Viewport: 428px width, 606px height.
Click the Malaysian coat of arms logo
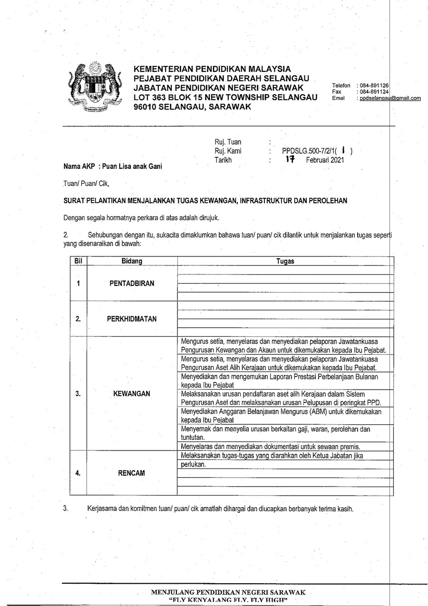point(94,87)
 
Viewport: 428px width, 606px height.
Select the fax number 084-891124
point(374,91)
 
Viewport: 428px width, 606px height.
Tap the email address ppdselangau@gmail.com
point(390,98)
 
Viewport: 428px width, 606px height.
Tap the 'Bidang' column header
point(132,261)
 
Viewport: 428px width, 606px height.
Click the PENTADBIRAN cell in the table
point(132,283)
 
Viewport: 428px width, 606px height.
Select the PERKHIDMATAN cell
point(132,319)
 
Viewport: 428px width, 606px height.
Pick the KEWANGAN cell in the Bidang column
point(132,393)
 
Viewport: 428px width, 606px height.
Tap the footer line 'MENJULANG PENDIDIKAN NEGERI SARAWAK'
point(228,592)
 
